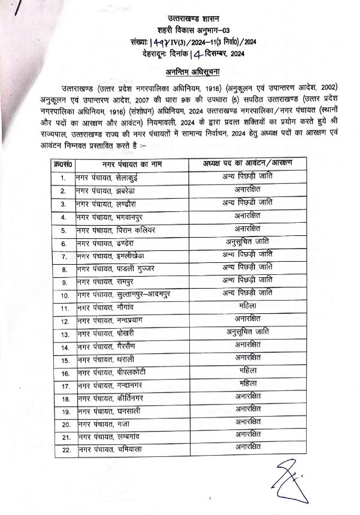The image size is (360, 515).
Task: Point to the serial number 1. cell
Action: click(x=63, y=177)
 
